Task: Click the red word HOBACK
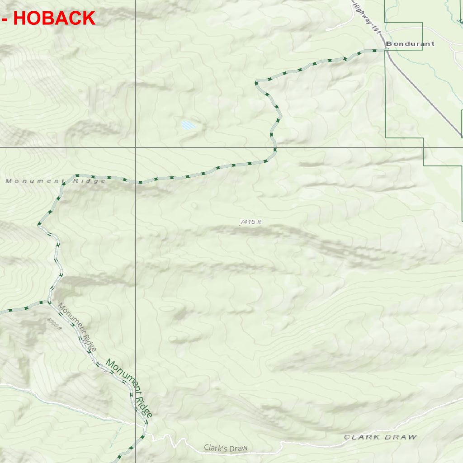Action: [54, 18]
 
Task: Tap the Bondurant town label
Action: [410, 44]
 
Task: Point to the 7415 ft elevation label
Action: [250, 222]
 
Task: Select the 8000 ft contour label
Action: [54, 324]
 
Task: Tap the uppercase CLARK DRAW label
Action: [380, 437]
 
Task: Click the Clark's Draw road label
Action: [226, 448]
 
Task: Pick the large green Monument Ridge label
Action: [129, 388]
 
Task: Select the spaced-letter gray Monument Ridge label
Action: [56, 181]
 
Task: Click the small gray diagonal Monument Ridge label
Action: [77, 327]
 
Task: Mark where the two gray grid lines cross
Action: [136, 147]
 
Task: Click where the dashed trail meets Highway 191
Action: [387, 50]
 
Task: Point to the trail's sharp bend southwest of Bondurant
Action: [256, 82]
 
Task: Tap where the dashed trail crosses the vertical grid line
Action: [136, 182]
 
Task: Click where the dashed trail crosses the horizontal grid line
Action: [274, 147]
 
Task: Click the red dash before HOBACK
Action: [5, 19]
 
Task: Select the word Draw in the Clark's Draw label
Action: [238, 449]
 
